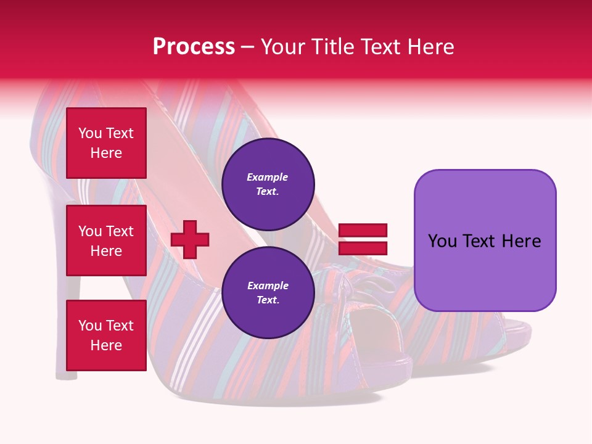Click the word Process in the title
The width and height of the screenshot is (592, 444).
click(194, 47)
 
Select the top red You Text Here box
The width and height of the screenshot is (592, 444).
click(106, 143)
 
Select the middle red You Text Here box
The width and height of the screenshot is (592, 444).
click(106, 240)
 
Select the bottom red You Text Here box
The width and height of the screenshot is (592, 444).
click(106, 335)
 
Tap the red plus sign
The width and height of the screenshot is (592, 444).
click(190, 239)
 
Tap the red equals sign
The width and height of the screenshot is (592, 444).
click(363, 239)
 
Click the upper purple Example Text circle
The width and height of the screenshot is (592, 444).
click(268, 184)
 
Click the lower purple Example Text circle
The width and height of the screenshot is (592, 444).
click(268, 292)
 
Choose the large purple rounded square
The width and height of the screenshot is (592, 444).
click(485, 240)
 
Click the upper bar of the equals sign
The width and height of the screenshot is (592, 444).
click(363, 231)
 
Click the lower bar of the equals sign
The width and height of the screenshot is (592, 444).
click(363, 248)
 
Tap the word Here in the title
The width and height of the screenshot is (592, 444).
click(430, 47)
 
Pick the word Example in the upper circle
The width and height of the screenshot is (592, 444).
click(268, 177)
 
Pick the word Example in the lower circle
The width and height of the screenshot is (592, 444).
click(268, 286)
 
